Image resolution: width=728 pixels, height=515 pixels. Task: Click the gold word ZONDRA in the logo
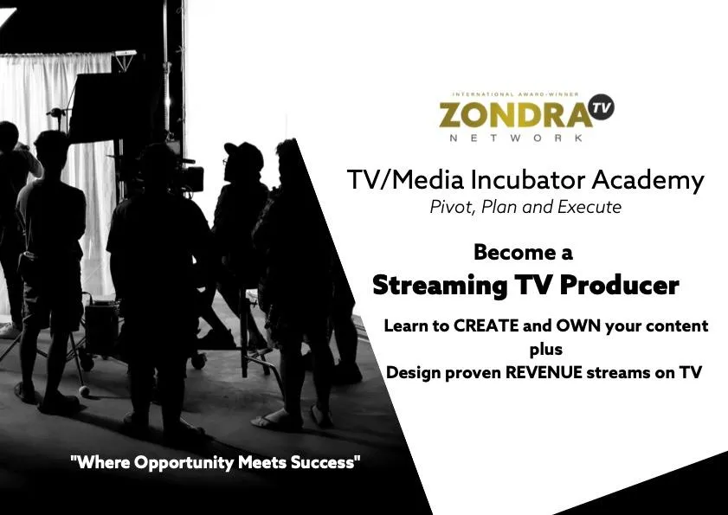point(515,115)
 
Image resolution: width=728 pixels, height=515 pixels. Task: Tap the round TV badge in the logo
point(602,107)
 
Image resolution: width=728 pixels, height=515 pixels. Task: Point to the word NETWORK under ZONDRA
point(516,138)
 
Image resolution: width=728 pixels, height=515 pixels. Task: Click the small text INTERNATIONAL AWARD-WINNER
point(515,94)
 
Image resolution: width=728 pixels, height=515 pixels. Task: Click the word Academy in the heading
point(648,181)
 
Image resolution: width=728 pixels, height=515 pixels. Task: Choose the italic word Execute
point(589,207)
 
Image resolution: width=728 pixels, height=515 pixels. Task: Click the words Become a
point(523,252)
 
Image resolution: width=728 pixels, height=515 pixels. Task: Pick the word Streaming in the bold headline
point(440,286)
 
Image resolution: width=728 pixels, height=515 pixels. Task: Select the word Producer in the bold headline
point(619,285)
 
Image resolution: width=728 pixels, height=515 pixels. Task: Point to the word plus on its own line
point(546,350)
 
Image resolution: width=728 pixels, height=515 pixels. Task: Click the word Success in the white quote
point(325,462)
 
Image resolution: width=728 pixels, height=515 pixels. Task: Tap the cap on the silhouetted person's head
point(243,152)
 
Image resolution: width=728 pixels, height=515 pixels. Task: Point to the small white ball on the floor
point(84,391)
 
